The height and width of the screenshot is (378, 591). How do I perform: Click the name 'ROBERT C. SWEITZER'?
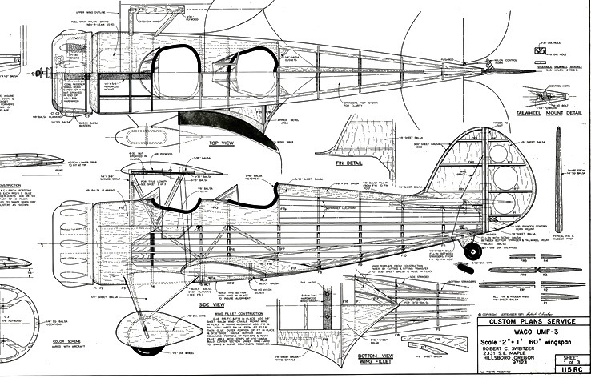(509, 350)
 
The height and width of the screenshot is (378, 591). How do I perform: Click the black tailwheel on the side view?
(468, 251)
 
